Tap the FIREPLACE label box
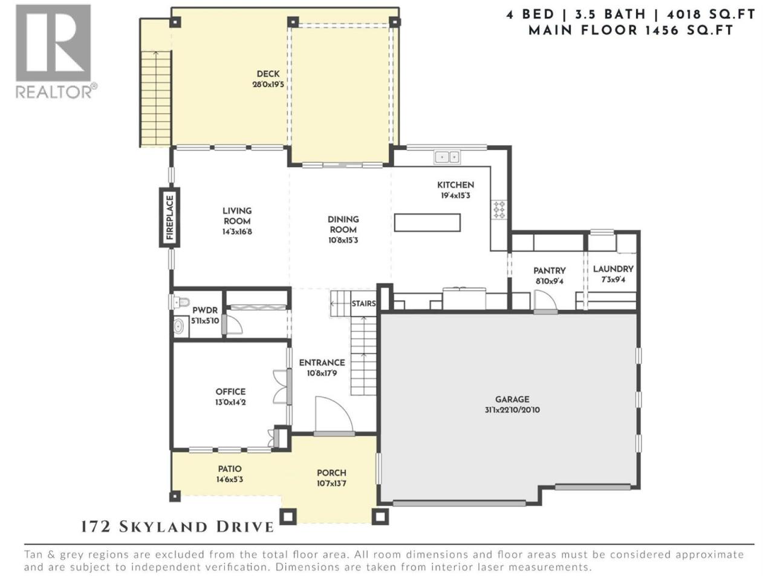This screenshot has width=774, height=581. pyautogui.click(x=169, y=217)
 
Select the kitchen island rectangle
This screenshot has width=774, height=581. pyautogui.click(x=427, y=223)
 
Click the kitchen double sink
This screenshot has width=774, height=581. pyautogui.click(x=447, y=157)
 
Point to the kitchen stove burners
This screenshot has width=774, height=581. pyautogui.click(x=499, y=209)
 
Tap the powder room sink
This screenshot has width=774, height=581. pyautogui.click(x=179, y=326)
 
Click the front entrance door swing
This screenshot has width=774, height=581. pyautogui.click(x=334, y=415)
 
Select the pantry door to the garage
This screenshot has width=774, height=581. pyautogui.click(x=545, y=302)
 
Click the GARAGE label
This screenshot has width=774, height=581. pyautogui.click(x=512, y=399)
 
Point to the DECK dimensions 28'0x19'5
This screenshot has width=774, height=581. pyautogui.click(x=268, y=85)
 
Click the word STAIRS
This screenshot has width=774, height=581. pyautogui.click(x=363, y=303)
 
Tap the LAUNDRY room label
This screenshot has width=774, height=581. pyautogui.click(x=613, y=269)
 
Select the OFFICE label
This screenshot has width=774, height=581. pyautogui.click(x=230, y=392)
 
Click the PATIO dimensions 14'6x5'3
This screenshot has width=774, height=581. pyautogui.click(x=230, y=480)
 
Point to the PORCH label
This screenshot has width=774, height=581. pyautogui.click(x=331, y=473)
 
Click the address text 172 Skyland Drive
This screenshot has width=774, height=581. pyautogui.click(x=178, y=527)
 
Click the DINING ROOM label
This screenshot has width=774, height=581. pyautogui.click(x=343, y=225)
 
